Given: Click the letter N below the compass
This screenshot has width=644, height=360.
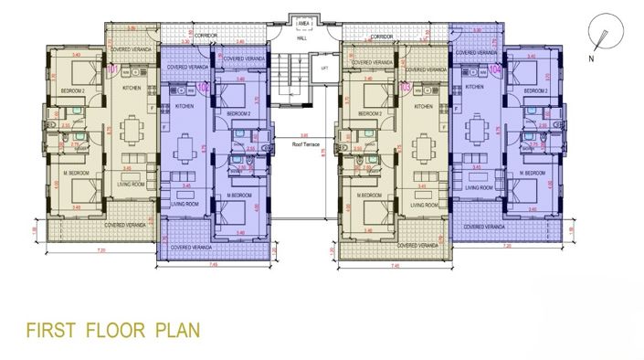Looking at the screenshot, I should pos(591,57).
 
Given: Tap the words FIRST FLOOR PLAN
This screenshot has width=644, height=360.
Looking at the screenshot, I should pos(108,327).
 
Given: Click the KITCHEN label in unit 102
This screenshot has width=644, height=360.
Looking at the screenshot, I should pos(184,107).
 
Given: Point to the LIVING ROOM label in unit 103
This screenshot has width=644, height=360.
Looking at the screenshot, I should pos(425,206).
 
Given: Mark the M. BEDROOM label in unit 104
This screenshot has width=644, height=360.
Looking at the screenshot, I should pos(532,171).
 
